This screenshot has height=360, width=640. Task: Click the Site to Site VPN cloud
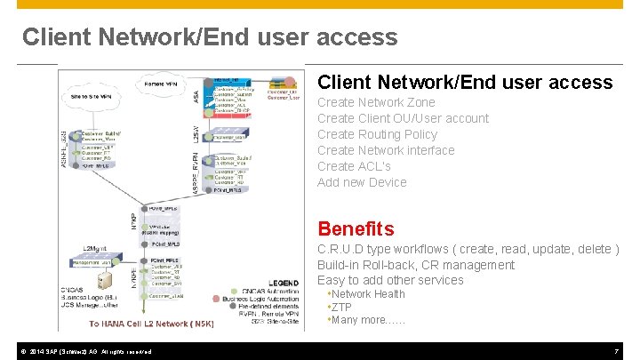[x=92, y=96]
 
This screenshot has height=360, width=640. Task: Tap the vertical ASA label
[x=196, y=91]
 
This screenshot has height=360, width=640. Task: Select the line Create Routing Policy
[x=377, y=134]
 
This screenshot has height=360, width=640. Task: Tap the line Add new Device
[x=362, y=182]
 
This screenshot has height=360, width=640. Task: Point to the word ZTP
[x=342, y=308]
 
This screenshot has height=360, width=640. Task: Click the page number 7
[x=616, y=351]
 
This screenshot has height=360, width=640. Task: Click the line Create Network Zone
[x=376, y=102]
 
